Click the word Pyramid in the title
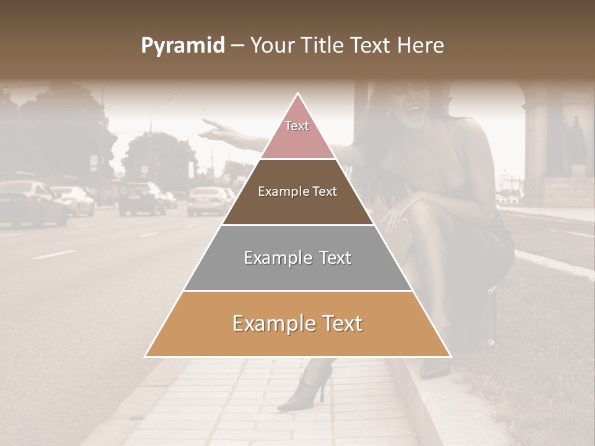pos(182,46)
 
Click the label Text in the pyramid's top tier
pos(297,126)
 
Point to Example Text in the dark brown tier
pos(297,191)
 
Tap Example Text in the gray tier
pos(297,258)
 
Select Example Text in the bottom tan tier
pos(297,323)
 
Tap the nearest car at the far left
pos(31,203)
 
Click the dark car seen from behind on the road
pos(141,198)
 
